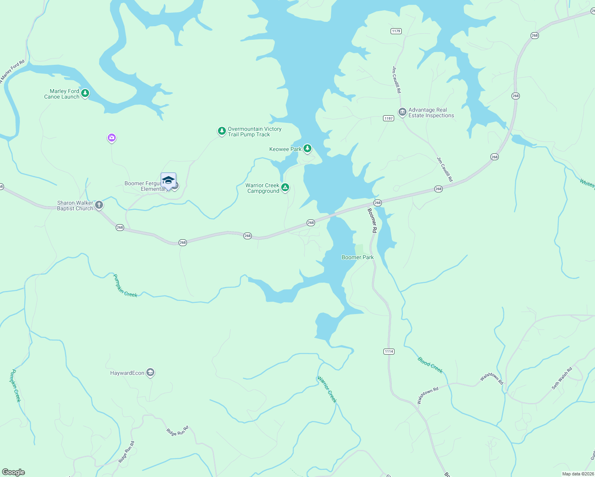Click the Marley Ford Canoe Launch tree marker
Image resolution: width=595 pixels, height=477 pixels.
(85, 93)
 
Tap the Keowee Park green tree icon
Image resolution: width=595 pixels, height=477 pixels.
(307, 149)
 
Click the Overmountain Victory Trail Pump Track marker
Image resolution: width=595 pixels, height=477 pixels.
(222, 131)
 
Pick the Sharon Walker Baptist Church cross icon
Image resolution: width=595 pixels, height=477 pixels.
(99, 205)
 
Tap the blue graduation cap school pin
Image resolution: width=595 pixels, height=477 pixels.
(168, 180)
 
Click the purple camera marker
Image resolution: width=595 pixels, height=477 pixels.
(111, 138)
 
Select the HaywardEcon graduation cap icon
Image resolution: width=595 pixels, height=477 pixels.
(150, 372)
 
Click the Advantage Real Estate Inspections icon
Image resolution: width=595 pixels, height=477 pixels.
(402, 112)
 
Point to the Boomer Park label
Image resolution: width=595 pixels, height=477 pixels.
(358, 257)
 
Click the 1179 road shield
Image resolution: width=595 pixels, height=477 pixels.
(396, 31)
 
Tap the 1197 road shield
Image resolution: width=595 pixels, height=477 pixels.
(389, 118)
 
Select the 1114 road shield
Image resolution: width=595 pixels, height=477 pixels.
(389, 351)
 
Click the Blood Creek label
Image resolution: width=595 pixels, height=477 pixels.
(430, 365)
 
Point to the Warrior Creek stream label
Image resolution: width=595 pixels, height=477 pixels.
(327, 389)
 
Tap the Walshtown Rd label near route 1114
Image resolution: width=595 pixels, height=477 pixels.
(428, 396)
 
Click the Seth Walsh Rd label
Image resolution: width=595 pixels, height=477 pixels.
(562, 378)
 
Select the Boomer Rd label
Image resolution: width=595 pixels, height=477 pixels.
(372, 220)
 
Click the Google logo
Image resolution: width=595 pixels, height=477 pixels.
(14, 472)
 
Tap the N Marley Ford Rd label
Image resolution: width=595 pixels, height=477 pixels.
(12, 72)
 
